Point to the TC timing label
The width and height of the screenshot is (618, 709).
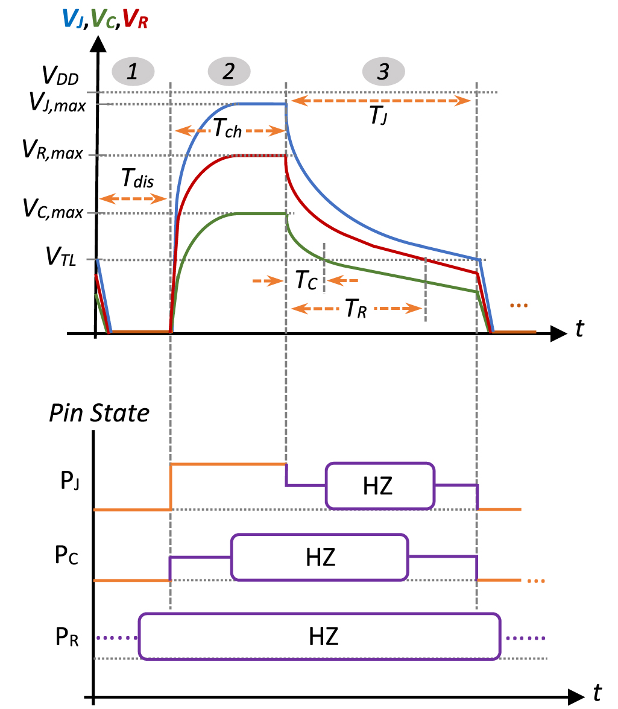click(x=306, y=280)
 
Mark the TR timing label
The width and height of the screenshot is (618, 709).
click(x=355, y=309)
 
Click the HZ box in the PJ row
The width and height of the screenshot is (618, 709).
click(x=379, y=485)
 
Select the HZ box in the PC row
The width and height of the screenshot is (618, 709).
click(x=320, y=557)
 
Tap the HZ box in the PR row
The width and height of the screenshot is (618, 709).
click(x=320, y=636)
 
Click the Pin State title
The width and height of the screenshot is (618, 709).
click(x=99, y=414)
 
